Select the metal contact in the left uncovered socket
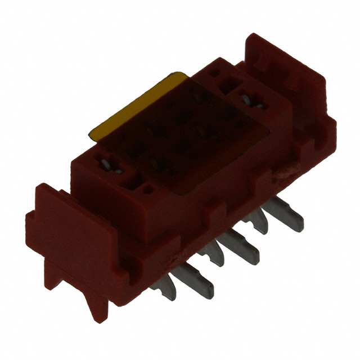(x=110, y=166)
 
